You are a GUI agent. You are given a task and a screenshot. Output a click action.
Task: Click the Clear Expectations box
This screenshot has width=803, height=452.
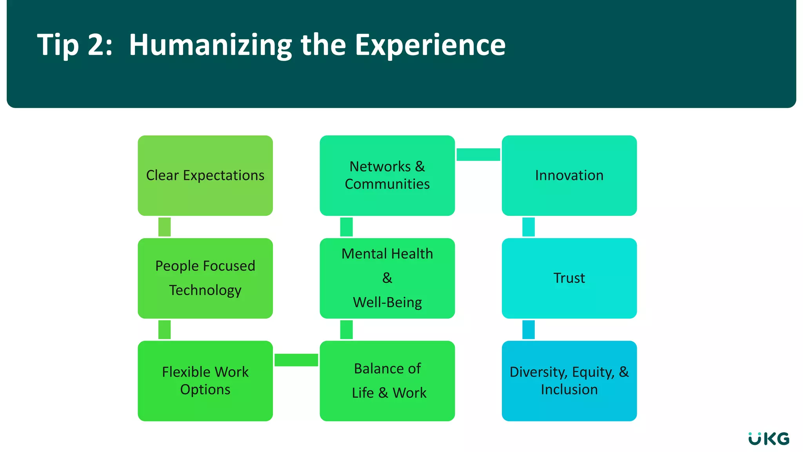(x=205, y=175)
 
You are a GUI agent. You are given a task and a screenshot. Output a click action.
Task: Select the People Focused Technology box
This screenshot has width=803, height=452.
(x=205, y=278)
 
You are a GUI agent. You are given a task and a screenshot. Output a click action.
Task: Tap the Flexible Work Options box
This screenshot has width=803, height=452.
(x=205, y=381)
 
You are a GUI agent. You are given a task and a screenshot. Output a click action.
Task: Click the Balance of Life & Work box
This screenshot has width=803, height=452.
(x=387, y=381)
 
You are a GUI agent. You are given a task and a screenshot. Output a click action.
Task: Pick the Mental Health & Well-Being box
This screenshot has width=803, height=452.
(x=387, y=278)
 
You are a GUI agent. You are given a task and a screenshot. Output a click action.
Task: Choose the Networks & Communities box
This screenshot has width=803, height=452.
(x=387, y=175)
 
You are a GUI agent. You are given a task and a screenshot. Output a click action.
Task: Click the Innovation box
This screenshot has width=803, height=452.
(x=569, y=175)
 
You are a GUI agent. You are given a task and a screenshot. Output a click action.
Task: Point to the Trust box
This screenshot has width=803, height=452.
(x=569, y=278)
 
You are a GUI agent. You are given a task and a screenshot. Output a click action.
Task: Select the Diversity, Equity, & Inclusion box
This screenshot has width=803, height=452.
(x=569, y=381)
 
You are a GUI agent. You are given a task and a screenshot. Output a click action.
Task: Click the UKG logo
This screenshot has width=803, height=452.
(x=768, y=439)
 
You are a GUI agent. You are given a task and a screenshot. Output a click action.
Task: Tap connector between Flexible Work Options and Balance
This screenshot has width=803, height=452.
(x=296, y=360)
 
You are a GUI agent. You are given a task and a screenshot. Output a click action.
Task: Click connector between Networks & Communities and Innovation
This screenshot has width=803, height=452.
(x=478, y=155)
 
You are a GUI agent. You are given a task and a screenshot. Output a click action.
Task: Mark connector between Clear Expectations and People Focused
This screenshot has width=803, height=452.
(x=164, y=227)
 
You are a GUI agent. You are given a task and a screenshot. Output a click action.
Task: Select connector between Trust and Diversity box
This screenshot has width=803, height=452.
(x=528, y=330)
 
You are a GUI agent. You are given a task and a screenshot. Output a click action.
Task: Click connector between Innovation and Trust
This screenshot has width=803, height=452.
(x=528, y=227)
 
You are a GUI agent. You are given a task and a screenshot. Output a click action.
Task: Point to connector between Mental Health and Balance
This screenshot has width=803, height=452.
(x=346, y=330)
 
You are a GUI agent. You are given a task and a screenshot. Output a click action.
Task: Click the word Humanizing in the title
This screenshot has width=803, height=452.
(x=210, y=45)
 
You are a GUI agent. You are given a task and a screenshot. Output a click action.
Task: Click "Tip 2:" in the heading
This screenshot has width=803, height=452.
(x=74, y=45)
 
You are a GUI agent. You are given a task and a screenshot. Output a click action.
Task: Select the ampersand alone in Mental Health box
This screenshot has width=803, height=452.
(x=387, y=278)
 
